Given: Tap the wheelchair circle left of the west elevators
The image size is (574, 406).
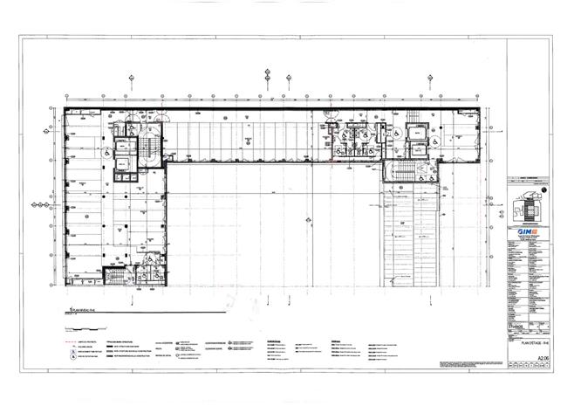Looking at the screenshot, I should (x=103, y=153).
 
